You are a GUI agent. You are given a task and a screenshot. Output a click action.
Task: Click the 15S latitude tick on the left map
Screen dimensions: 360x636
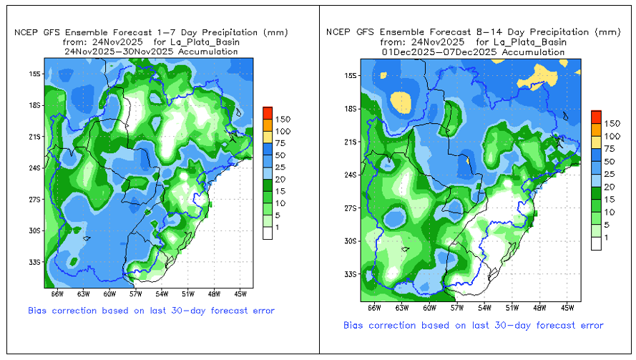click(x=34, y=74)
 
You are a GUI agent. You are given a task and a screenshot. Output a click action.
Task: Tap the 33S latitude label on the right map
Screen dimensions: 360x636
click(x=350, y=274)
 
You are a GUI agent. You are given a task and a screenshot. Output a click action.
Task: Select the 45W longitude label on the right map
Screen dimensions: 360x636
click(x=567, y=308)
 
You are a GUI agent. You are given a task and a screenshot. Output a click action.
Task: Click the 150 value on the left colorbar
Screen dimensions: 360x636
click(x=282, y=119)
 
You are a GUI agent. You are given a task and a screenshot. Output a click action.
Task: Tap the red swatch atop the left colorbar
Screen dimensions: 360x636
click(x=267, y=112)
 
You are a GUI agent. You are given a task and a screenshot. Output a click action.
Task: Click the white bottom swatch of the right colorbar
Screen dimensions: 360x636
click(x=595, y=243)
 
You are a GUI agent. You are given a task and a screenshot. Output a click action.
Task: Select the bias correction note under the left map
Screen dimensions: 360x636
click(x=151, y=311)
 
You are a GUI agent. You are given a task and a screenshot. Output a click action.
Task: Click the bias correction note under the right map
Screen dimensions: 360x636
click(x=474, y=326)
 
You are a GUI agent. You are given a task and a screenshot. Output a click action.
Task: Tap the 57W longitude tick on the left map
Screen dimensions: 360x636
click(x=136, y=293)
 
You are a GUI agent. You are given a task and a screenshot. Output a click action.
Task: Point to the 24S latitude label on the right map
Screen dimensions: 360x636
click(x=350, y=175)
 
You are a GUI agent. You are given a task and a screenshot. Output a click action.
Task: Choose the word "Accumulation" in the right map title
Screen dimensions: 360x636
click(x=530, y=52)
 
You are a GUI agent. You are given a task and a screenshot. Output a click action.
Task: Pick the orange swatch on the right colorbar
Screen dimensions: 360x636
click(x=595, y=125)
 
